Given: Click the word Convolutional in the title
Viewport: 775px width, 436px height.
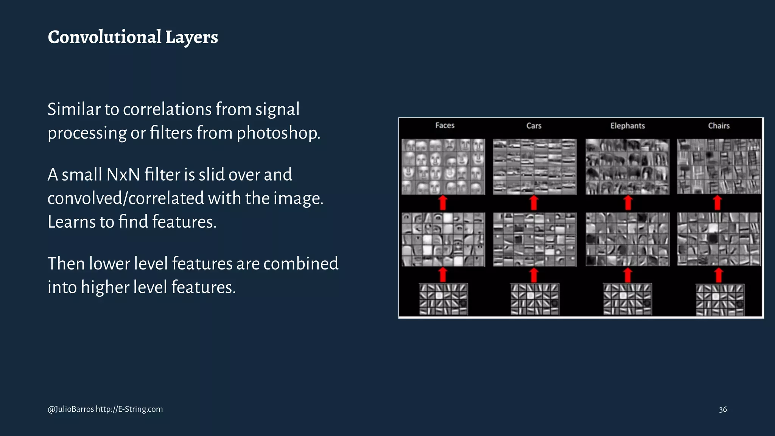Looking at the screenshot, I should coord(104,37).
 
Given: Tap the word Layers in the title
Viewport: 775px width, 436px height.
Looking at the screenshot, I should coord(191,37).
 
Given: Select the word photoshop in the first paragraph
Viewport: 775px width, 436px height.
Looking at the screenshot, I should coord(278,133).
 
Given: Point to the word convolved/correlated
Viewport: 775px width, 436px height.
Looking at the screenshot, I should coord(125,198).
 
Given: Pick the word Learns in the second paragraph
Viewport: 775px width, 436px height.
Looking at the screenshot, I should coord(72,222).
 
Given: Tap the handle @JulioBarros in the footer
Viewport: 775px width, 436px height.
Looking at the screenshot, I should coord(71,409).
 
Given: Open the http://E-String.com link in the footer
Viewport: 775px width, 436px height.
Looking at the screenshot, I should coord(129,409).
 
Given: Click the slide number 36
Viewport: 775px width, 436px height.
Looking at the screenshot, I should coord(723,410).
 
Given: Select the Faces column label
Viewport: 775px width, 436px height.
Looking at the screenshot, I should coord(445,125).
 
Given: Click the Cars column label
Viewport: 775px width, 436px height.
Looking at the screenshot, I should coord(534,126).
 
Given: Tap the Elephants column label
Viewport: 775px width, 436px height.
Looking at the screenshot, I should coord(627,126).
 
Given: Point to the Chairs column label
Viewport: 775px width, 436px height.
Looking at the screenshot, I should coord(719,126).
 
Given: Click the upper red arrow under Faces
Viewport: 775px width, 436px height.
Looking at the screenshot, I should coord(443,203).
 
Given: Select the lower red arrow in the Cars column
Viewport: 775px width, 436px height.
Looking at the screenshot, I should coord(534,275).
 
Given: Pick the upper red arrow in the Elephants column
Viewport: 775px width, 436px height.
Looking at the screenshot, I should coord(628,203).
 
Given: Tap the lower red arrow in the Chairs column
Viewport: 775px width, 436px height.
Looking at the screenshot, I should coord(719,275).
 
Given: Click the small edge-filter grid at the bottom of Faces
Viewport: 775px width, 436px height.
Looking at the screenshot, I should coord(443,299).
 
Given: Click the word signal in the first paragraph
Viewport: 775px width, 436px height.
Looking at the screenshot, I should coord(277,109).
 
